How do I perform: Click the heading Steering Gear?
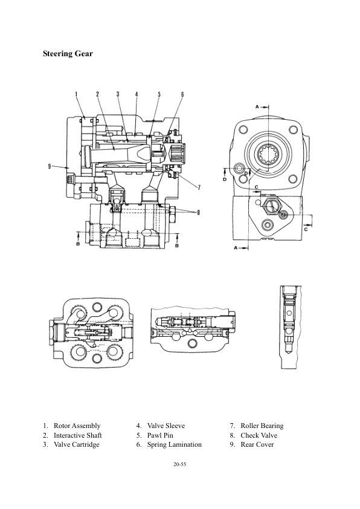[68, 54]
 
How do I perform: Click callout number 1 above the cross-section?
[77, 94]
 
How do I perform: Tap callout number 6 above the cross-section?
[182, 94]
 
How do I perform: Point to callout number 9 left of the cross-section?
[50, 166]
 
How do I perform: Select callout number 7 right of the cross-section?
[199, 187]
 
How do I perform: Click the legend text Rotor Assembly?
[77, 426]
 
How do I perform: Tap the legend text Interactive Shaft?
[77, 435]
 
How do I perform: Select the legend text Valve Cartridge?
[77, 444]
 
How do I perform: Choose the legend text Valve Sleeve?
[166, 426]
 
